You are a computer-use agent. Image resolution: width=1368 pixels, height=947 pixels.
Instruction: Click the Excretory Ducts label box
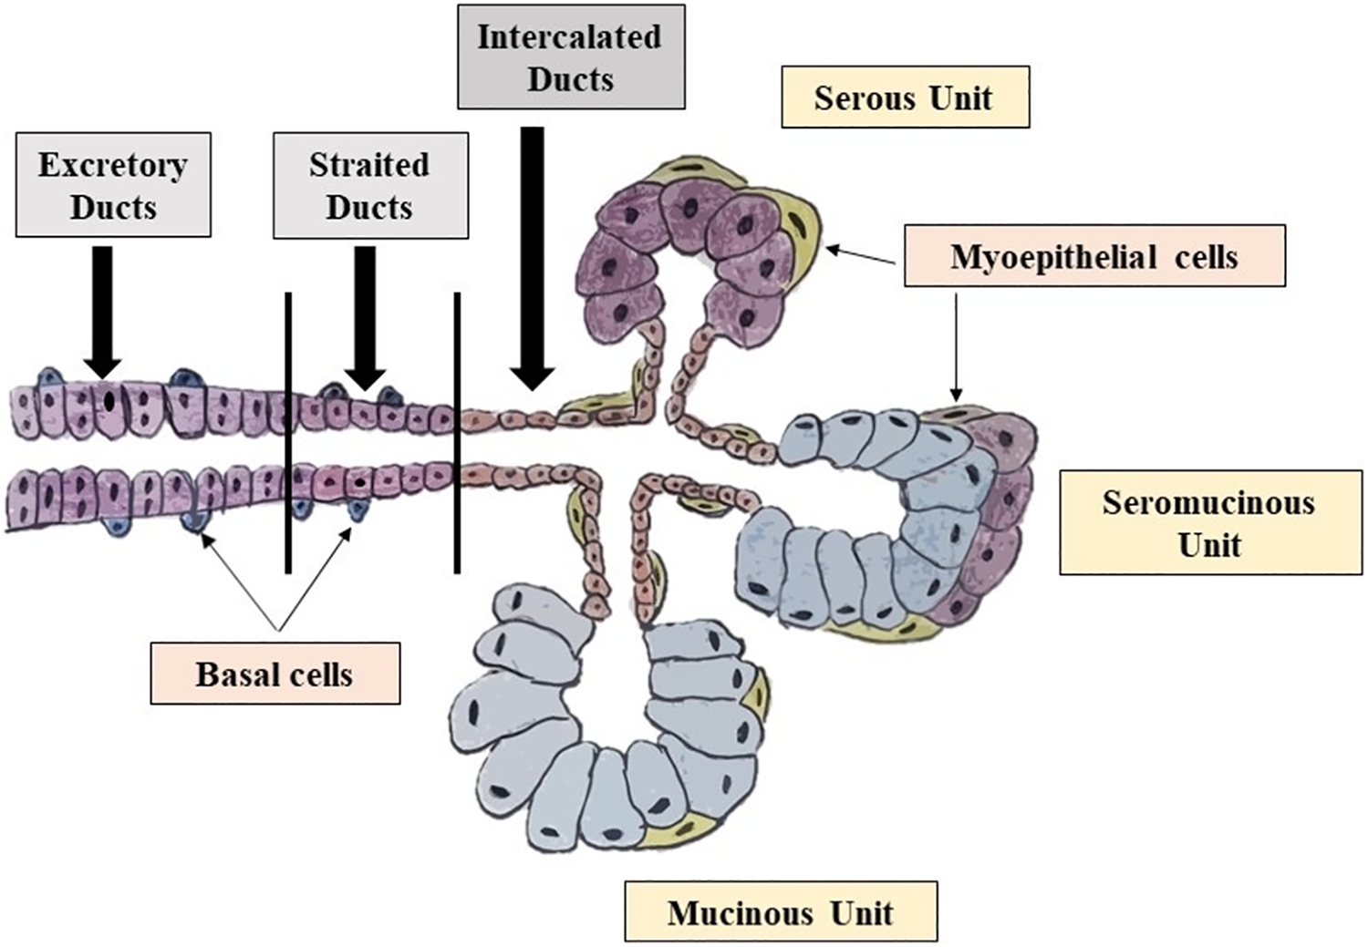click(x=114, y=185)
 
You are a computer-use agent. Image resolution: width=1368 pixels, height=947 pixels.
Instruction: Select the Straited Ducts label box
click(x=370, y=186)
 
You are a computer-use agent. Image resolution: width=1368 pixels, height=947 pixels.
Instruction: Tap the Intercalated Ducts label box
click(x=571, y=57)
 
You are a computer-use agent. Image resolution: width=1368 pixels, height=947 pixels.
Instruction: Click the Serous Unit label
click(x=905, y=97)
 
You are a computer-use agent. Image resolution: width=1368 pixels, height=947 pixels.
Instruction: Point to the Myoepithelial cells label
click(x=1094, y=256)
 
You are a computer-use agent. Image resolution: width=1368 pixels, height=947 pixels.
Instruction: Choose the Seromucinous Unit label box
click(x=1210, y=522)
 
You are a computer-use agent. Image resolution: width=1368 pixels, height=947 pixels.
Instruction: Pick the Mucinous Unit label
click(x=781, y=911)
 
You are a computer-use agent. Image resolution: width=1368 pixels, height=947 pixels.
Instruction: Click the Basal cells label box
click(x=275, y=674)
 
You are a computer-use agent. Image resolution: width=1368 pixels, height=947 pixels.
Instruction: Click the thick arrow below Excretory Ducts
click(x=102, y=313)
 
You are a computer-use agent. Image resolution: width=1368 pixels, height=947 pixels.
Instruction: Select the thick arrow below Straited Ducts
click(x=365, y=318)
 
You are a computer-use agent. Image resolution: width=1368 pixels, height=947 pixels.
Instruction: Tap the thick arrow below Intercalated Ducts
click(x=533, y=259)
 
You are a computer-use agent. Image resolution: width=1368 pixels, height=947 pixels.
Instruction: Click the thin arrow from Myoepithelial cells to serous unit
click(x=861, y=256)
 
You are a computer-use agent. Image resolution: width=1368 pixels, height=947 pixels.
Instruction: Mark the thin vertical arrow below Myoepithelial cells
click(x=957, y=347)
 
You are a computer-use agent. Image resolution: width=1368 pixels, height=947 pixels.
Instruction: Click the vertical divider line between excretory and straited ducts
click(x=288, y=433)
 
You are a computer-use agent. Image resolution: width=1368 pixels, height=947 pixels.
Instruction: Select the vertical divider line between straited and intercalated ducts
click(x=457, y=433)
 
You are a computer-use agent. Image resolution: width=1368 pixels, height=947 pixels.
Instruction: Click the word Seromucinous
click(x=1208, y=503)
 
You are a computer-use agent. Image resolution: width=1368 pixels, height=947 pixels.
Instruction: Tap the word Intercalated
click(x=569, y=36)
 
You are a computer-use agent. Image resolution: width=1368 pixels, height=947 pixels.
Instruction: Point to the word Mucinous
click(x=741, y=913)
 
